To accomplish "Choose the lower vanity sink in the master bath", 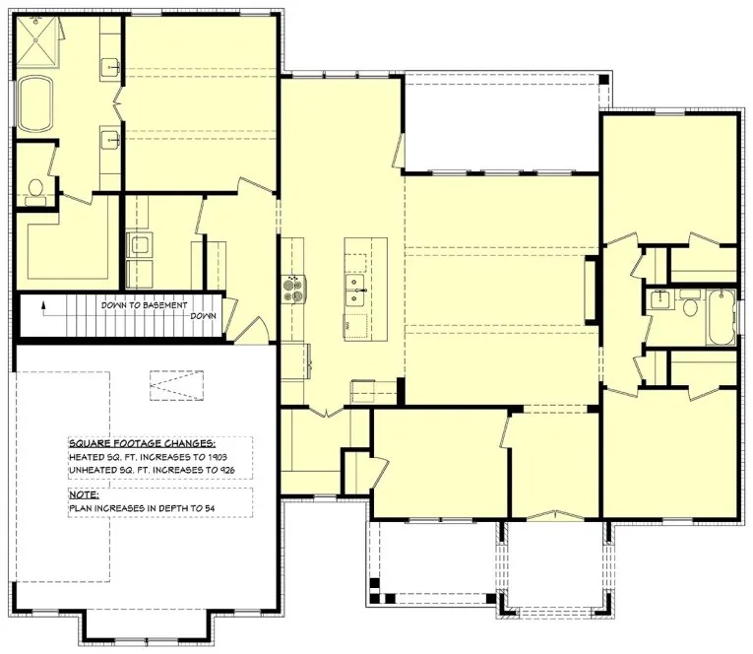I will click(x=110, y=137).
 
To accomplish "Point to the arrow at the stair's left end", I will click(x=43, y=306).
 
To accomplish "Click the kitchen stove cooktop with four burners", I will click(x=292, y=287).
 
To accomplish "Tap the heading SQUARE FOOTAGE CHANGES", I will click(x=142, y=444).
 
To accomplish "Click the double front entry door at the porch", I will click(x=555, y=515).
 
